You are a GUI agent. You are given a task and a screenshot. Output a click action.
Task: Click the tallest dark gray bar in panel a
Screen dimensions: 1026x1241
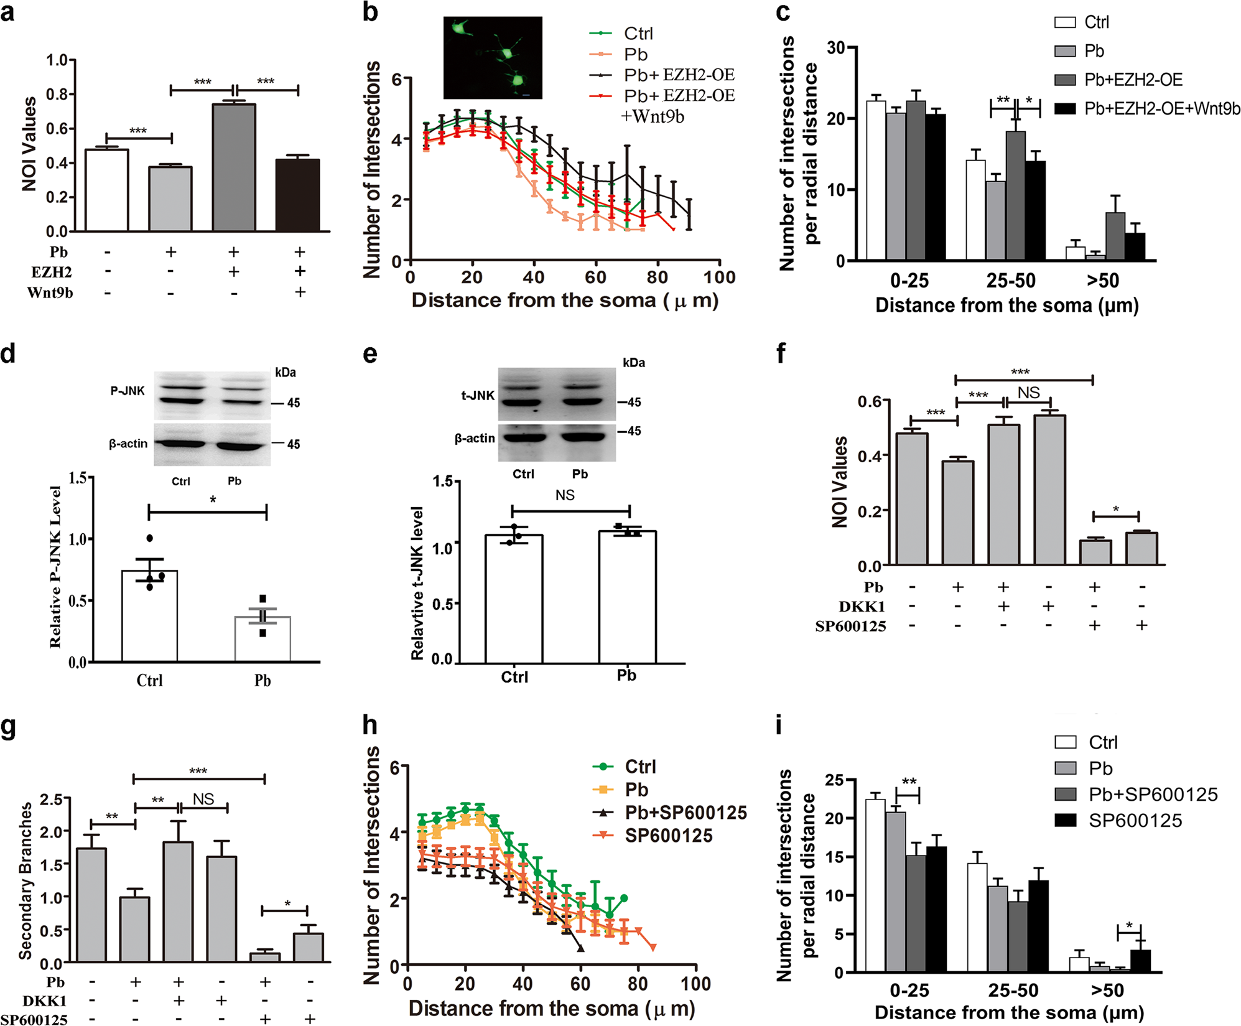(234, 168)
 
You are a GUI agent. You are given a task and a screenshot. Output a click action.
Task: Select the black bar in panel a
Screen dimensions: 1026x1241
(297, 196)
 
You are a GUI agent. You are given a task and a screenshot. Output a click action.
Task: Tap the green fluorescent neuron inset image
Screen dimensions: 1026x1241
(493, 58)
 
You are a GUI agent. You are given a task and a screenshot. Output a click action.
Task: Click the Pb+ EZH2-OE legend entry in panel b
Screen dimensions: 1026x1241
(679, 75)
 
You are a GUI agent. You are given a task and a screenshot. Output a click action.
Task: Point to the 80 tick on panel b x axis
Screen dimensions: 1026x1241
(658, 277)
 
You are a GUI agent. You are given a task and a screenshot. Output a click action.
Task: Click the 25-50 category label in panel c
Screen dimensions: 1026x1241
(1011, 281)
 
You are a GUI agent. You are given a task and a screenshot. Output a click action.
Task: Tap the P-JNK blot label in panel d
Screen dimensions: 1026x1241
(127, 391)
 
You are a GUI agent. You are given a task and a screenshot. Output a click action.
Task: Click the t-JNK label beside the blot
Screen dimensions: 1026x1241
(477, 395)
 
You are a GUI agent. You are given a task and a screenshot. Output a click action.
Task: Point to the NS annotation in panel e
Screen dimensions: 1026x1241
(565, 495)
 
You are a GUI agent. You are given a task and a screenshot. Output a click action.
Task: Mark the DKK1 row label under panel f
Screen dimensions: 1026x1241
(862, 607)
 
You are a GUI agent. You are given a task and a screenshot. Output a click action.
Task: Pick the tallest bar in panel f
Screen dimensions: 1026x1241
(1049, 490)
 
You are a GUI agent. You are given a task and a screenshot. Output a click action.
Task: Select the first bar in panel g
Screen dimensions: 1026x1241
(91, 905)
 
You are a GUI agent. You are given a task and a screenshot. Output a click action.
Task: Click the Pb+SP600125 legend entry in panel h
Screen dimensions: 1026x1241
(686, 813)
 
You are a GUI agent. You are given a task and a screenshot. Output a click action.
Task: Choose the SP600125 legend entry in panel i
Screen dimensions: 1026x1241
(1135, 821)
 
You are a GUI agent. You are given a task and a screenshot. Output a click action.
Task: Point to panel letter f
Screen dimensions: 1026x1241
(782, 353)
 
